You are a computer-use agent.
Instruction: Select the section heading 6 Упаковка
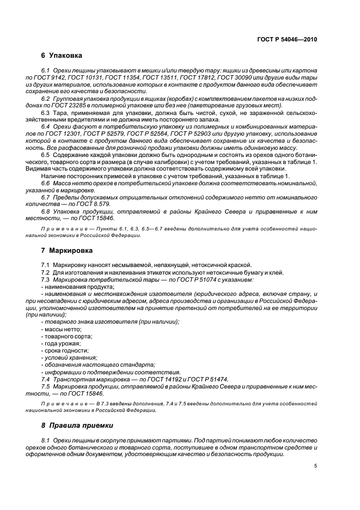(62, 56)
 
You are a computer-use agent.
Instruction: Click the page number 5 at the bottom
(315, 466)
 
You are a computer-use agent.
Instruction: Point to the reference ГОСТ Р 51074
(172, 280)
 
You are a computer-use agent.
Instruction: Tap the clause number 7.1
(46, 265)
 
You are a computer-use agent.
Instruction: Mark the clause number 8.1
(46, 440)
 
